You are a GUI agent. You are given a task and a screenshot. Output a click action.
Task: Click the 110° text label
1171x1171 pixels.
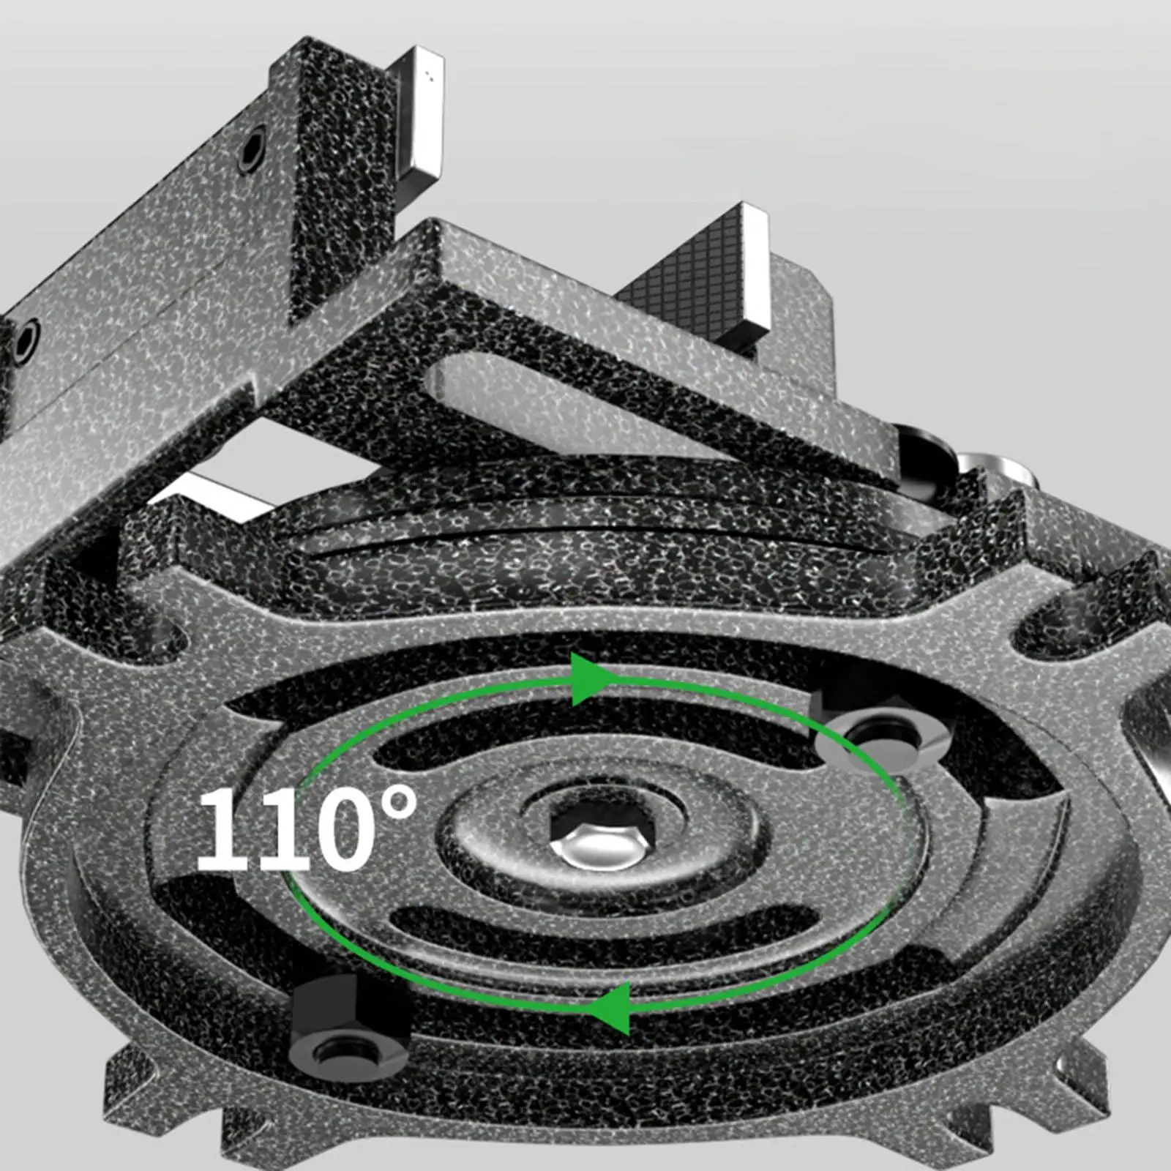pyautogui.click(x=307, y=828)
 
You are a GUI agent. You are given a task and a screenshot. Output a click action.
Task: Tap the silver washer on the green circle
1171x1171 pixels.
pyautogui.click(x=875, y=741)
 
